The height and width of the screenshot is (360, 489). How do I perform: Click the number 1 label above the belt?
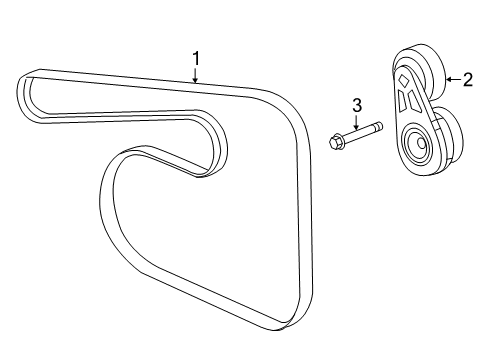[196, 57]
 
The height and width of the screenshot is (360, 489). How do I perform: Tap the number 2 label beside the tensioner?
[467, 80]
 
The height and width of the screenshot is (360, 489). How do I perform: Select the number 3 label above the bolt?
[355, 103]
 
